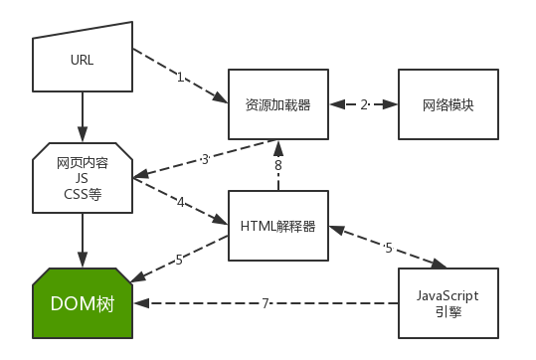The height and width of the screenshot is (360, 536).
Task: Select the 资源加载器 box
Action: click(x=278, y=104)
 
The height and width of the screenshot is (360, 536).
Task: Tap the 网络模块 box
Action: click(x=447, y=104)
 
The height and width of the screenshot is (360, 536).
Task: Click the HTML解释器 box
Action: click(x=278, y=226)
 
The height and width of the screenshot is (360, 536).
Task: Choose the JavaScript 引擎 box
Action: click(x=447, y=303)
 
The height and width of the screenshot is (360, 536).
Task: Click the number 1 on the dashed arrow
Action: click(x=181, y=77)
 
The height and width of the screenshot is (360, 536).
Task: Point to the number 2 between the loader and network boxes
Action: click(x=364, y=104)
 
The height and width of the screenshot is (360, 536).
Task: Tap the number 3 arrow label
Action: click(x=204, y=158)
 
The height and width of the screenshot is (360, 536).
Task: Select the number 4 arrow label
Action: click(x=181, y=202)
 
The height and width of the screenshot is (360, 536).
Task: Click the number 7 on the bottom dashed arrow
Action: click(x=266, y=303)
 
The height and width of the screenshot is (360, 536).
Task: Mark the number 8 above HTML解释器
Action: click(x=278, y=165)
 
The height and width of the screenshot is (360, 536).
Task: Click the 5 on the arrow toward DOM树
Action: click(x=179, y=260)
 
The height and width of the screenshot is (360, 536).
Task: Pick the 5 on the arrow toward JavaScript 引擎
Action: click(x=389, y=247)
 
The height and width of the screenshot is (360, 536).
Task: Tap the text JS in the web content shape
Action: click(x=83, y=178)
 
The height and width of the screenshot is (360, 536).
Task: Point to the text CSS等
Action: click(x=83, y=193)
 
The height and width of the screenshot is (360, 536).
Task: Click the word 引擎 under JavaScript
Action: click(x=447, y=312)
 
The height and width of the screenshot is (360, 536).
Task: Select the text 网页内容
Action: click(x=83, y=162)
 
